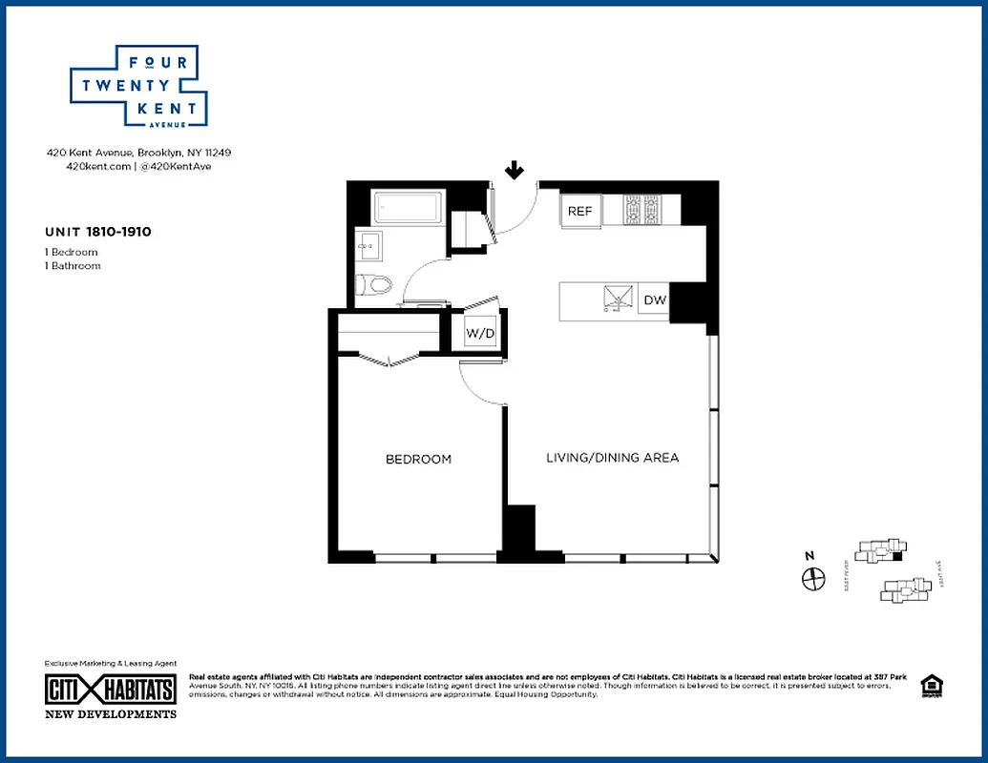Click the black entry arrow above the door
point(515,171)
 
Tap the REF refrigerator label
point(579,211)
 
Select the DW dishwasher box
point(655,300)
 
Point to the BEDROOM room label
point(418,459)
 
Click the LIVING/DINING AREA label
point(612,458)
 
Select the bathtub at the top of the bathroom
point(408,207)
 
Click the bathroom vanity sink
point(368,246)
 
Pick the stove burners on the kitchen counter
point(642,209)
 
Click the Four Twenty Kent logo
point(139,86)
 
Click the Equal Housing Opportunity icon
point(929,686)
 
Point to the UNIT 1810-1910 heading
point(97,232)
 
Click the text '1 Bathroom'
point(73,266)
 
